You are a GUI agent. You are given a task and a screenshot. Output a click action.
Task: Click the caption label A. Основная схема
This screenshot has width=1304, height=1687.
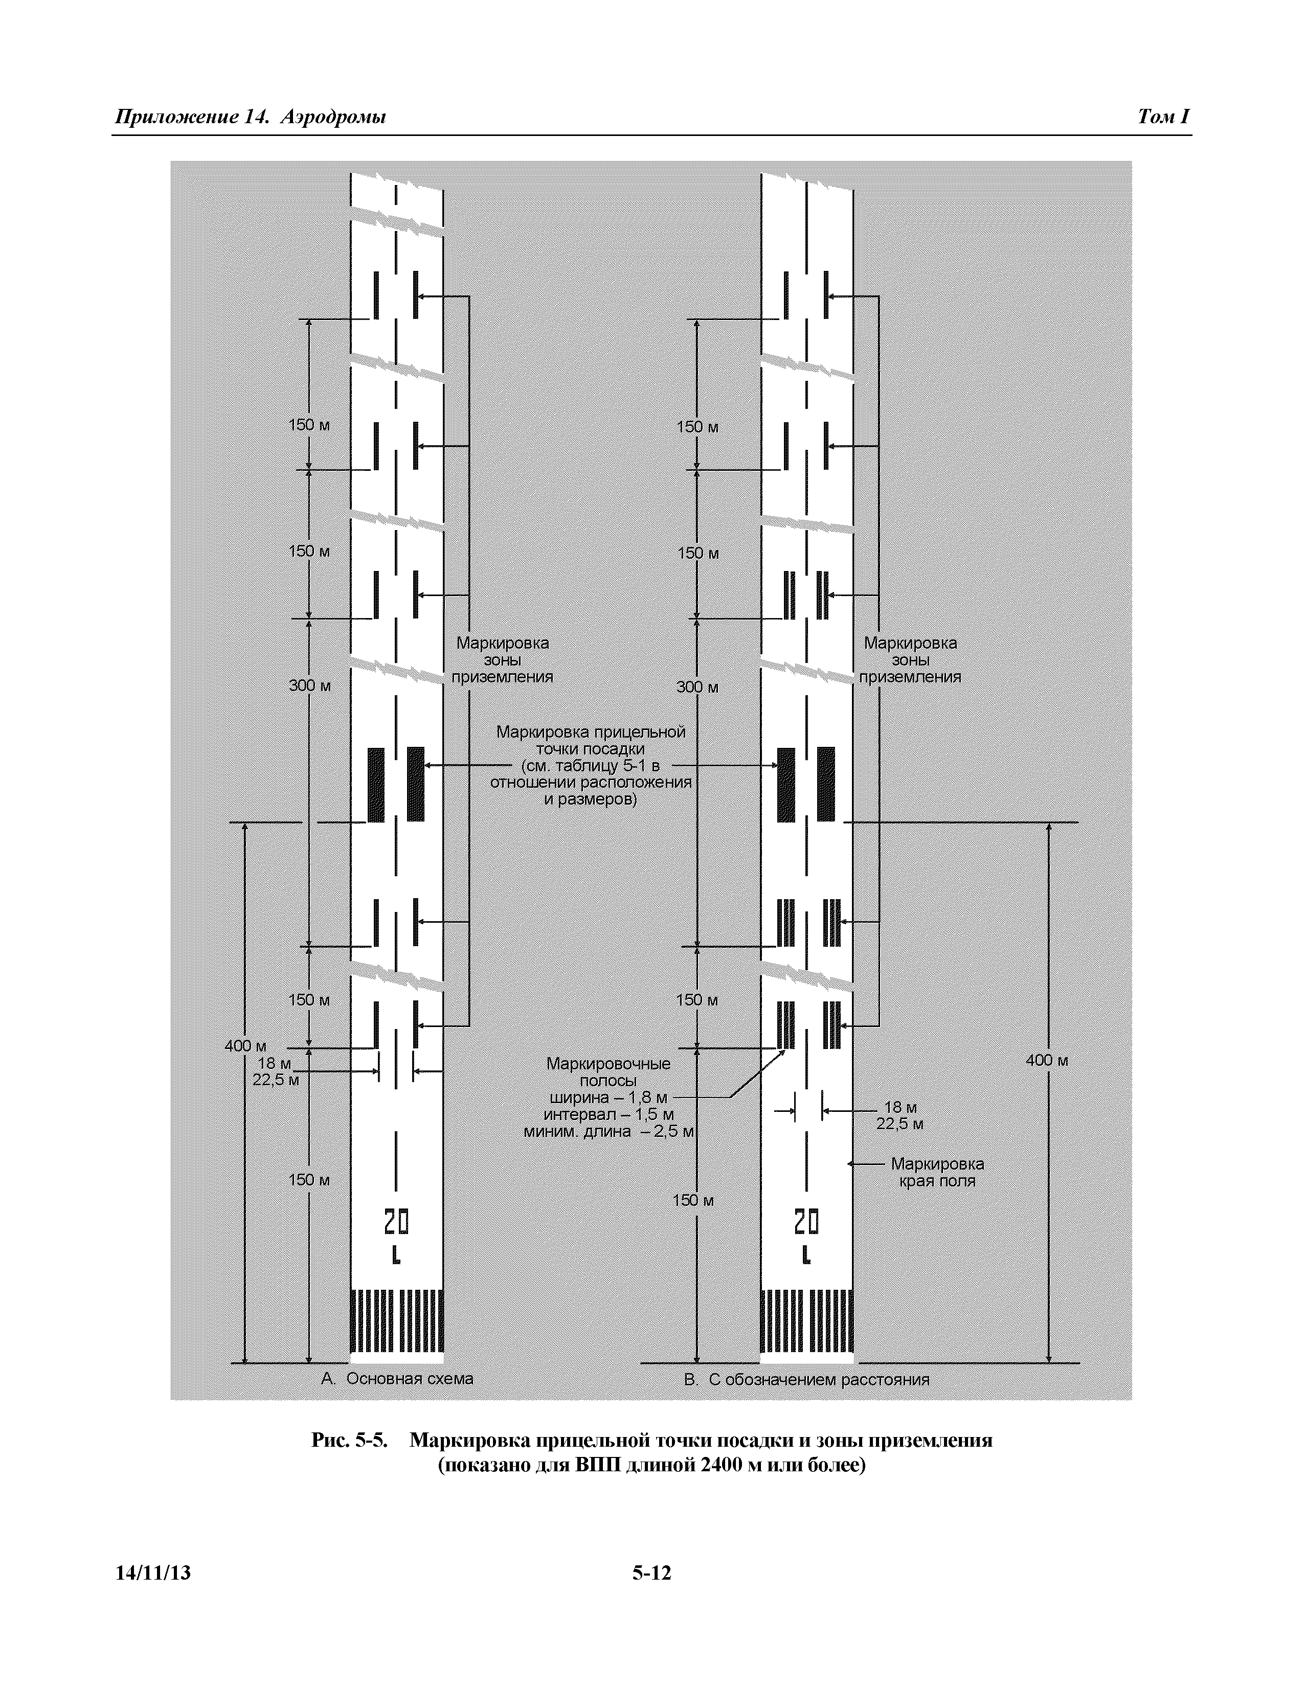pos(396,1379)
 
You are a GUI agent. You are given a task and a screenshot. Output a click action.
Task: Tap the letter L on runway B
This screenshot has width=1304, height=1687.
pos(806,1255)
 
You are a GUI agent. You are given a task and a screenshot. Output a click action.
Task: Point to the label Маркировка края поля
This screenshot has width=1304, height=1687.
pos(937,1172)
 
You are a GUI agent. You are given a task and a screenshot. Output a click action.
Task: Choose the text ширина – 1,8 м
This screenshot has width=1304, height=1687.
pos(609,1098)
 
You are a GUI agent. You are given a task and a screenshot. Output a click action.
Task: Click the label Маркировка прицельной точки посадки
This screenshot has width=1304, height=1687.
pos(591,740)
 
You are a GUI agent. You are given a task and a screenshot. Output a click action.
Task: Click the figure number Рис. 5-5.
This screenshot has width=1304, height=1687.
pos(348,1441)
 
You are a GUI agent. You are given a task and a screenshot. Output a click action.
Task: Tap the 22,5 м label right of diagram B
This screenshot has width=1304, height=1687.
pos(899,1124)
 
